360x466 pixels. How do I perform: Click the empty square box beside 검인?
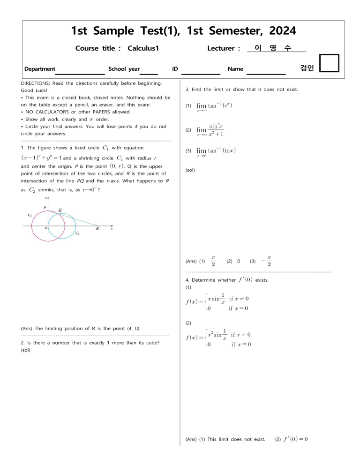coord(329,64)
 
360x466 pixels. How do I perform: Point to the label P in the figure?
coord(45,207)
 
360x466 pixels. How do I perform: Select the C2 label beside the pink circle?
coord(30,215)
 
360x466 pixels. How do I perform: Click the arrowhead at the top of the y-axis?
coord(48,199)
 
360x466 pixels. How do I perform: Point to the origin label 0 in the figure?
coord(45,228)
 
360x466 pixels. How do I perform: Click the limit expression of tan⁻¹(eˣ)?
coord(214,106)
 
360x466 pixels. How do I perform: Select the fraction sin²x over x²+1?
coord(216,130)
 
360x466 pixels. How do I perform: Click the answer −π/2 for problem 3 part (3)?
coord(266,261)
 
